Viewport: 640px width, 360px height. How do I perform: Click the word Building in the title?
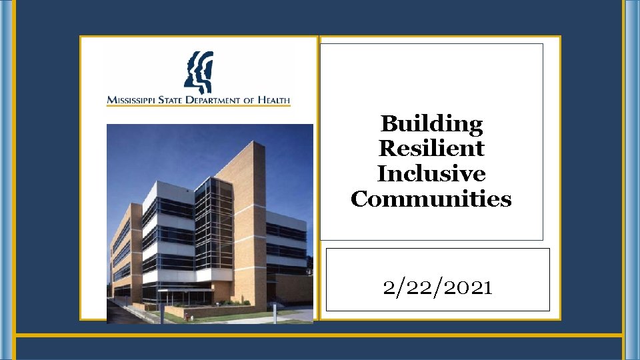point(431,123)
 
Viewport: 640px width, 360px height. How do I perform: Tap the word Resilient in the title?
point(431,148)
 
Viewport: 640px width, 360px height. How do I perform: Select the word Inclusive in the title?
point(431,173)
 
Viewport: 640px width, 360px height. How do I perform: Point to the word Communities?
point(431,199)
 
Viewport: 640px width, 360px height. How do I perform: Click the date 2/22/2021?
point(437,287)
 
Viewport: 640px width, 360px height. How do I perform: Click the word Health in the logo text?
point(273,100)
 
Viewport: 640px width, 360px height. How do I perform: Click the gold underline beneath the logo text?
point(199,105)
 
